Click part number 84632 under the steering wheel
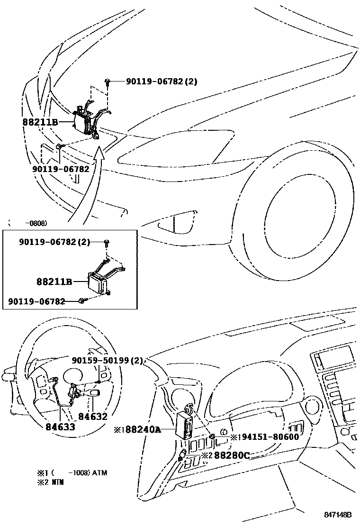point(93,417)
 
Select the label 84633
point(60,427)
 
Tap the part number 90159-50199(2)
point(108,361)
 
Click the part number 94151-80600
point(268,436)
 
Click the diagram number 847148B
point(338,515)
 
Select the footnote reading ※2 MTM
point(51,482)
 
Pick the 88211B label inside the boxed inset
point(54,282)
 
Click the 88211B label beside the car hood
point(40,122)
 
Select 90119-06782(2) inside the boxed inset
point(54,242)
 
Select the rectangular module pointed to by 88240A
point(184,423)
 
